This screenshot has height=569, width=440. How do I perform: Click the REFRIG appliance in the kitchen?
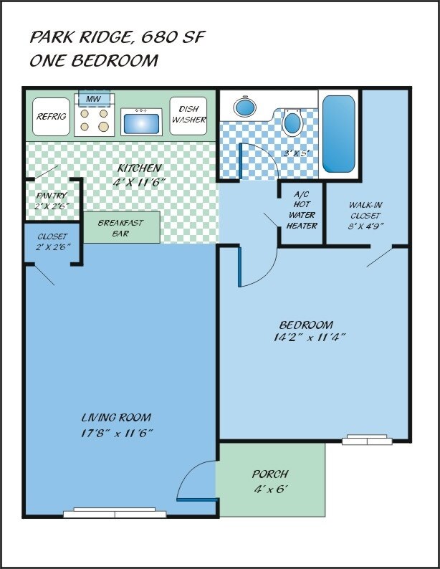[51, 117]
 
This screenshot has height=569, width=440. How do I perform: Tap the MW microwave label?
[93, 99]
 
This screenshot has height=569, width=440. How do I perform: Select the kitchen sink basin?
[141, 124]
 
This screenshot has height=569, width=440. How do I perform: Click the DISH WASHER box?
[188, 116]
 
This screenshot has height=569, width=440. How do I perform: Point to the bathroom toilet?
[292, 122]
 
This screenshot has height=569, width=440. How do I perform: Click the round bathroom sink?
[245, 107]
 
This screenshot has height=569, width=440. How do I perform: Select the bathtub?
[339, 134]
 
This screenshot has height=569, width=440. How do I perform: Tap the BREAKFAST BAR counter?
[122, 227]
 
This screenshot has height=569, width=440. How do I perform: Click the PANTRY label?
[52, 196]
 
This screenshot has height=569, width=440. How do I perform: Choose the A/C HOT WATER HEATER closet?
[302, 214]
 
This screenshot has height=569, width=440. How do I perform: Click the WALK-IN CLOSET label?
[365, 210]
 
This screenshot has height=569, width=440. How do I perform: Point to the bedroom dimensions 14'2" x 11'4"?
[308, 338]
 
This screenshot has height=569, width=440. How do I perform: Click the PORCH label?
[270, 474]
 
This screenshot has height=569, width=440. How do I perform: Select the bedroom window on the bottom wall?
[367, 439]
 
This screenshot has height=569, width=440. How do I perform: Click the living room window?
[115, 512]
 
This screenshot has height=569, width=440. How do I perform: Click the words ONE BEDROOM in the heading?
[94, 60]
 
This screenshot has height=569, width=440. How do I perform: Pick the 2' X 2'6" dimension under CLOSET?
[53, 247]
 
